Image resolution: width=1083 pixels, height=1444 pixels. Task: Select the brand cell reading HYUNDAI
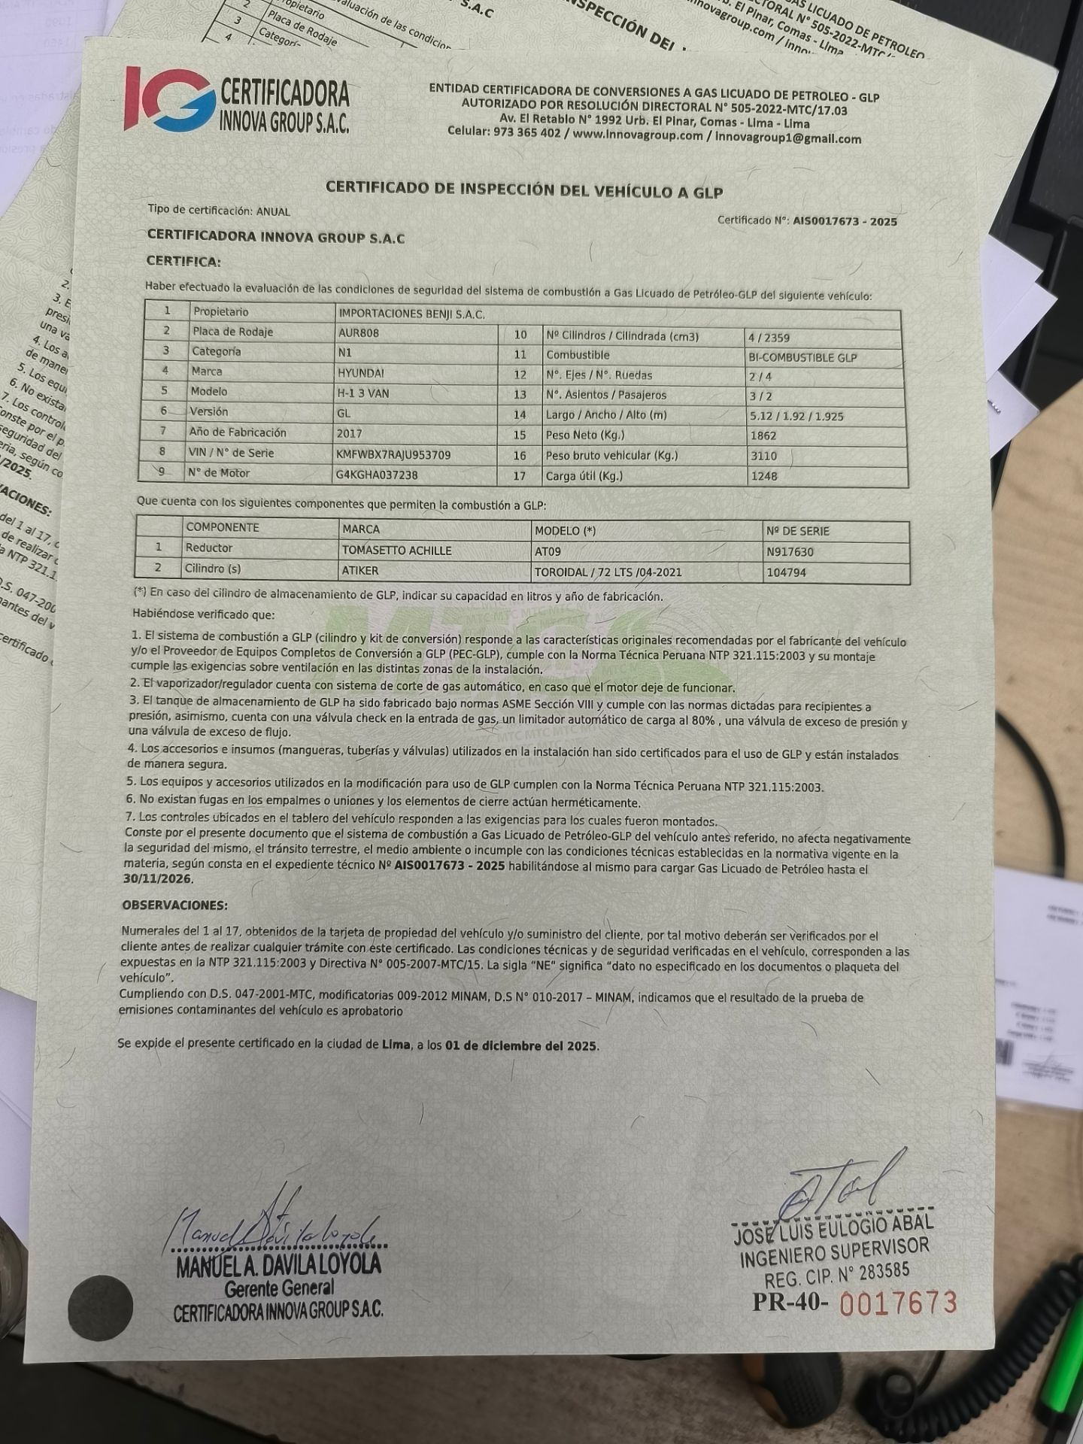361,372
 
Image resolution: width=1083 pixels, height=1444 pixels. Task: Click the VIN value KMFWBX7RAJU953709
394,454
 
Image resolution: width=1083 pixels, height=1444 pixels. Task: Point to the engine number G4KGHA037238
378,475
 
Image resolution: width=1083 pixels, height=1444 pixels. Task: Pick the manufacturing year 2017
350,433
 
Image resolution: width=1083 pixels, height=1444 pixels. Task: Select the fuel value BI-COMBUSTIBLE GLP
802,358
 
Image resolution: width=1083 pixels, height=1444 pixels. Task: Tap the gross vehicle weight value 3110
763,456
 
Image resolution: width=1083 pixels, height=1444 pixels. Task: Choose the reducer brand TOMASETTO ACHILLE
396,551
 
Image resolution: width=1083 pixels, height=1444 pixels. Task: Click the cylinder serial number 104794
786,572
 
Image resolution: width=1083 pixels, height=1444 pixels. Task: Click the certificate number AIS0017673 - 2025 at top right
844,222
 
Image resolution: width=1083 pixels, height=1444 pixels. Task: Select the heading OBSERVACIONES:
174,906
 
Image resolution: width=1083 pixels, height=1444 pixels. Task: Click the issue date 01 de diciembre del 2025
522,1046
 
